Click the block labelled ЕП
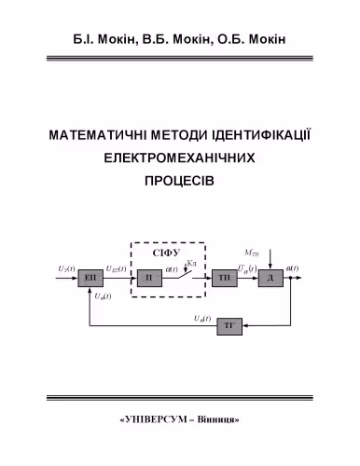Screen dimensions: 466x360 point(91,279)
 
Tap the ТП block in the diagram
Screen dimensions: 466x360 point(224,279)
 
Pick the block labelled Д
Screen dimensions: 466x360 point(270,279)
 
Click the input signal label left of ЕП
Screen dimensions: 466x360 point(66,269)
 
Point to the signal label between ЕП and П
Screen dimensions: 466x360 point(118,269)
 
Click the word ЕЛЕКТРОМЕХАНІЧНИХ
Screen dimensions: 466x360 point(180,158)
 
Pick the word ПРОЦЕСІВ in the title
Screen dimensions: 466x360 point(180,182)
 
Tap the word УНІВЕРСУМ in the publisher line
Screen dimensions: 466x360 point(157,419)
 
